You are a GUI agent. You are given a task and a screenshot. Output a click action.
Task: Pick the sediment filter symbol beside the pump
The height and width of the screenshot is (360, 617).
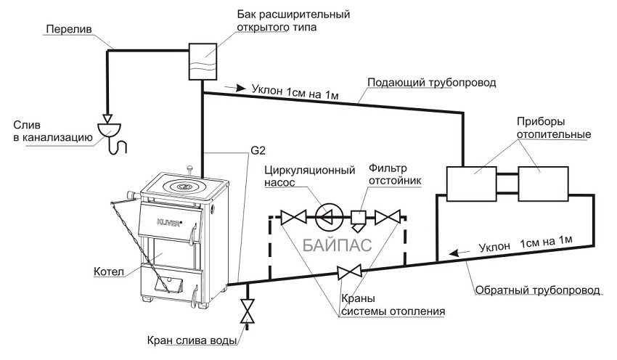359,216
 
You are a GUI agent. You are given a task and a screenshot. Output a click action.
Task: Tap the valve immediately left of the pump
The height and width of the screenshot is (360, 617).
295,216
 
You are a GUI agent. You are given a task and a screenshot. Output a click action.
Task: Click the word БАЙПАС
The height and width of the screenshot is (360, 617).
338,245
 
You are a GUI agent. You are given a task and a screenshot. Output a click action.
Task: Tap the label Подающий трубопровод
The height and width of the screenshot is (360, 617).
431,83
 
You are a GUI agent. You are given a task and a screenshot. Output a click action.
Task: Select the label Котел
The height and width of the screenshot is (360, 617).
109,271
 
